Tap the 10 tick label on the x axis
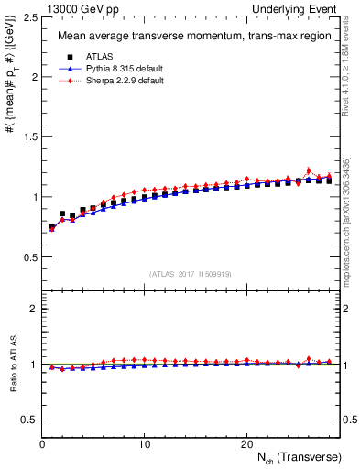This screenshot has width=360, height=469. click(x=144, y=444)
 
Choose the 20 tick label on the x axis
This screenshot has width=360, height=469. click(x=245, y=444)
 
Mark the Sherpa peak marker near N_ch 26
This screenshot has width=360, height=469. click(x=308, y=170)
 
